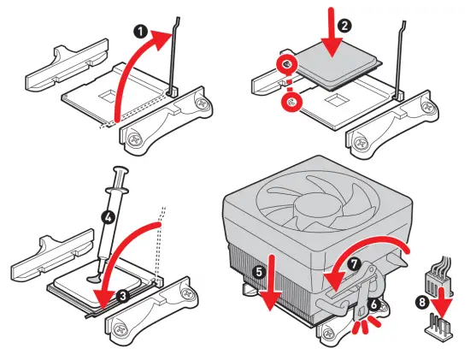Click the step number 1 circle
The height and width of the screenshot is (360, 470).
(141, 32)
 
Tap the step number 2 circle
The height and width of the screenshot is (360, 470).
(344, 26)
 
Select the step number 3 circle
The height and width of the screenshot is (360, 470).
(123, 296)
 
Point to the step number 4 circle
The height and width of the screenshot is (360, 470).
(109, 217)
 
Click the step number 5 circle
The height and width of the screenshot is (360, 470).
(260, 272)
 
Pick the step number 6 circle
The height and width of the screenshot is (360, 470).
(373, 304)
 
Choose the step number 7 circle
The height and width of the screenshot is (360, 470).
(355, 264)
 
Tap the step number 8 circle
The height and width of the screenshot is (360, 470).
(422, 302)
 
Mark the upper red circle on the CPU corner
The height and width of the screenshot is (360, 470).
(287, 63)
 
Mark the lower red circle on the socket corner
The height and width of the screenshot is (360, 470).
(291, 102)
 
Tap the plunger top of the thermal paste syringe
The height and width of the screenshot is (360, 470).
(120, 170)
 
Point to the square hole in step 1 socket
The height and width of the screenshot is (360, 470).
(109, 97)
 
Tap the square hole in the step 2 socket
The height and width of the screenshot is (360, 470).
(337, 101)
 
